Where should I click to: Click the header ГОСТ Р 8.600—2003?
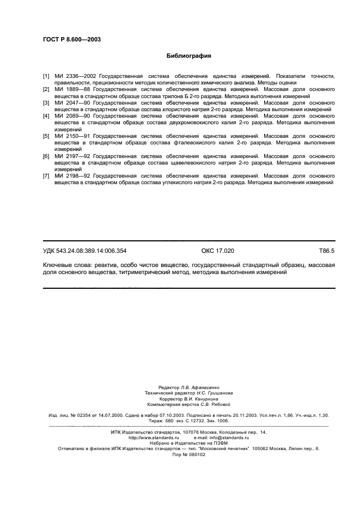(71, 40)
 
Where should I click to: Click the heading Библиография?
(188, 56)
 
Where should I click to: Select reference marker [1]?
(46, 76)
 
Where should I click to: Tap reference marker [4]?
(46, 116)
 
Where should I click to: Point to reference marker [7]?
(46, 177)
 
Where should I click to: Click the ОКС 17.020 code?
(217, 251)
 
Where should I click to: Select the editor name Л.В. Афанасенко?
(199, 387)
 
